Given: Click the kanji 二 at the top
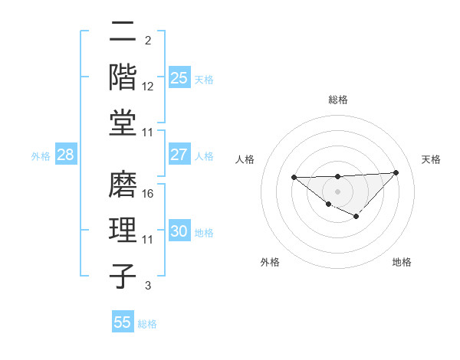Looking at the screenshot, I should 123,33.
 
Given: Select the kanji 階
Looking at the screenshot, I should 123,76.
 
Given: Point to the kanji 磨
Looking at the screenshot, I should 123,184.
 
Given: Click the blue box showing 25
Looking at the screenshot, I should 179,77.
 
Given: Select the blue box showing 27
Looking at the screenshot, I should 179,155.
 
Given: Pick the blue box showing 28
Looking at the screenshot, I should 66,155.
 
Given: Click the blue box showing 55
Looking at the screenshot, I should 123,322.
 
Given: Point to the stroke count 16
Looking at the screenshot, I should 148,194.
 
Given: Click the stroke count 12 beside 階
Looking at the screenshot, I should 148,87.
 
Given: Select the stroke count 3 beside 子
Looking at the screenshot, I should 148,286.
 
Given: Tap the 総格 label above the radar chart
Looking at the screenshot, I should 337,100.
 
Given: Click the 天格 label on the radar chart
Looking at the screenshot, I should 431,159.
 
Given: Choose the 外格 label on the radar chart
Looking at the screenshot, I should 270,262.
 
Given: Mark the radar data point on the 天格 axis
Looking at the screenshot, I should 396,172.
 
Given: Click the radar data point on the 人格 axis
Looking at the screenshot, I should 294,178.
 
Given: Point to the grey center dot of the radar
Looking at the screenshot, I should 337,191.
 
